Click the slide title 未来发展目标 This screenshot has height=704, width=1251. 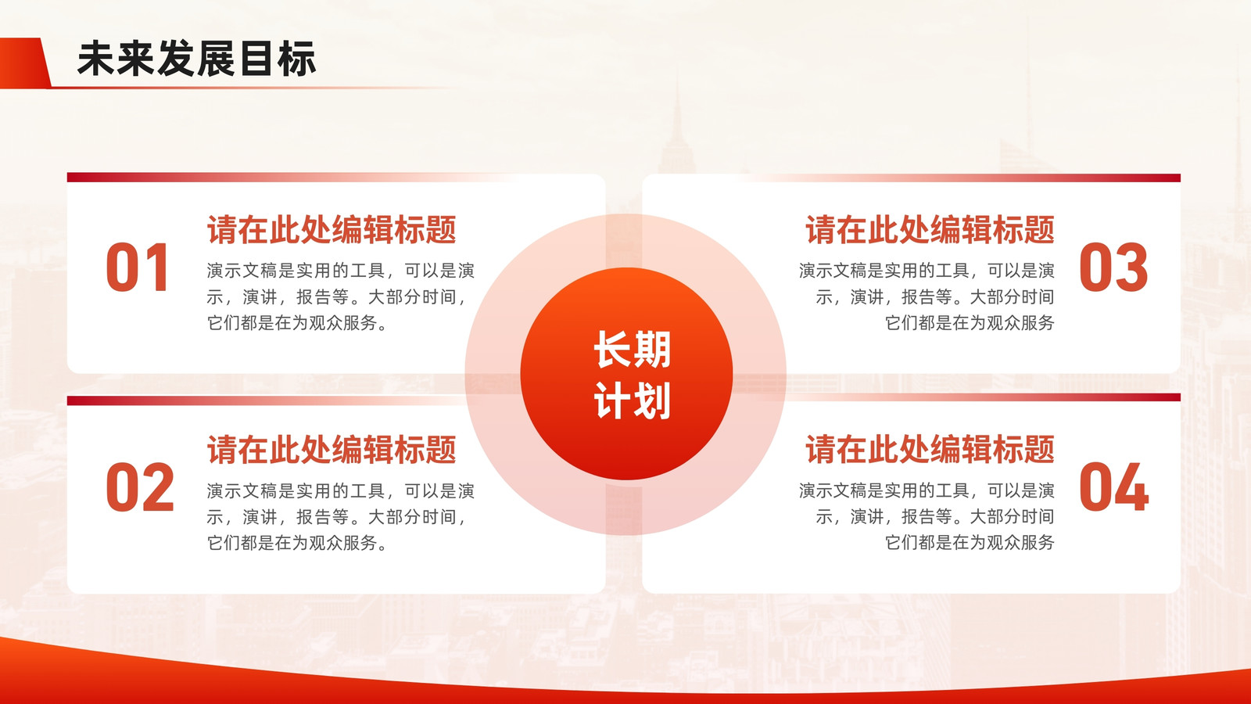click(196, 59)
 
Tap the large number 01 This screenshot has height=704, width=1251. click(138, 268)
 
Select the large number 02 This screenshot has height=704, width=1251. click(140, 487)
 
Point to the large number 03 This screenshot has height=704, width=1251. click(1113, 268)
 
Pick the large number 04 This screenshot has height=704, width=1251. click(1113, 487)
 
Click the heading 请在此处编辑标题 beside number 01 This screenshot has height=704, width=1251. click(332, 230)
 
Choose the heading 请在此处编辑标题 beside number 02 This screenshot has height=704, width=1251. click(332, 450)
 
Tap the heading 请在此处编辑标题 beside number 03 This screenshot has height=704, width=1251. click(930, 230)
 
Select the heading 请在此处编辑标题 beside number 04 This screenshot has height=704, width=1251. click(930, 450)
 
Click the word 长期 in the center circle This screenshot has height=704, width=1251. click(633, 350)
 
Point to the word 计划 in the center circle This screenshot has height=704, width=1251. click(633, 400)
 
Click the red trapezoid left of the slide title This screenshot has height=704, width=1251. click(25, 63)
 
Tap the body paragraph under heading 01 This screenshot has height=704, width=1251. click(341, 296)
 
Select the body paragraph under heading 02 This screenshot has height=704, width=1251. click(341, 517)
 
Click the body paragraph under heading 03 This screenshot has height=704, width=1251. click(927, 296)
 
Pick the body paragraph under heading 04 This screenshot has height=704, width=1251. click(927, 517)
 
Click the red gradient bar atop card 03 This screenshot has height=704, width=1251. click(961, 178)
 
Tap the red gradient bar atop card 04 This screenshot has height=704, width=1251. click(983, 397)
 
